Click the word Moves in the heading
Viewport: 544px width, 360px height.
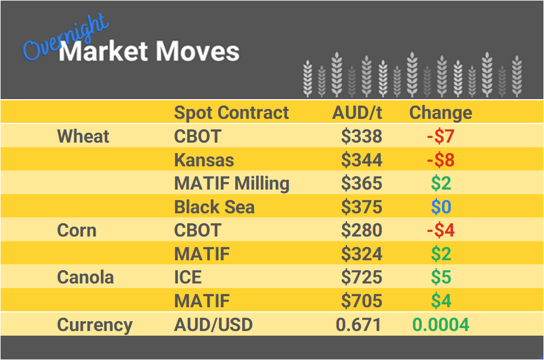tap(197, 52)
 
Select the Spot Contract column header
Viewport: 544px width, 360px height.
tap(231, 112)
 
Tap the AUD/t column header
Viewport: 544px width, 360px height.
tap(357, 112)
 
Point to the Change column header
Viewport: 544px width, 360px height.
tap(440, 112)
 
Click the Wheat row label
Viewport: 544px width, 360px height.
tap(83, 136)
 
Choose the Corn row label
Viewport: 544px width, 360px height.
tap(76, 230)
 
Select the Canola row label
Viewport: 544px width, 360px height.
tap(85, 277)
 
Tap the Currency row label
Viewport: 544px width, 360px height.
tap(94, 325)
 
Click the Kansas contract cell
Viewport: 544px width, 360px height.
tap(204, 160)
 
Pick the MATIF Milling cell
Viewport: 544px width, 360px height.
tap(232, 183)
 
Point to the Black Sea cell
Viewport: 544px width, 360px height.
tap(214, 207)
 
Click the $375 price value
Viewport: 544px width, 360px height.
tap(362, 207)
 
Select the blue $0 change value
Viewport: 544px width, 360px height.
tap(441, 207)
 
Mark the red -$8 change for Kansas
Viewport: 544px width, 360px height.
tap(440, 160)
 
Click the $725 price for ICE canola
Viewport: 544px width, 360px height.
tap(362, 277)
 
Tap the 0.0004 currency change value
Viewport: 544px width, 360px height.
tap(440, 325)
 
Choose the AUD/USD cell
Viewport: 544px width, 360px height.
tap(213, 325)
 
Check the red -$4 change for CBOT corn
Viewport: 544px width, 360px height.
tap(440, 230)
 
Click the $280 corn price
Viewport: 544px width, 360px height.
tap(362, 230)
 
